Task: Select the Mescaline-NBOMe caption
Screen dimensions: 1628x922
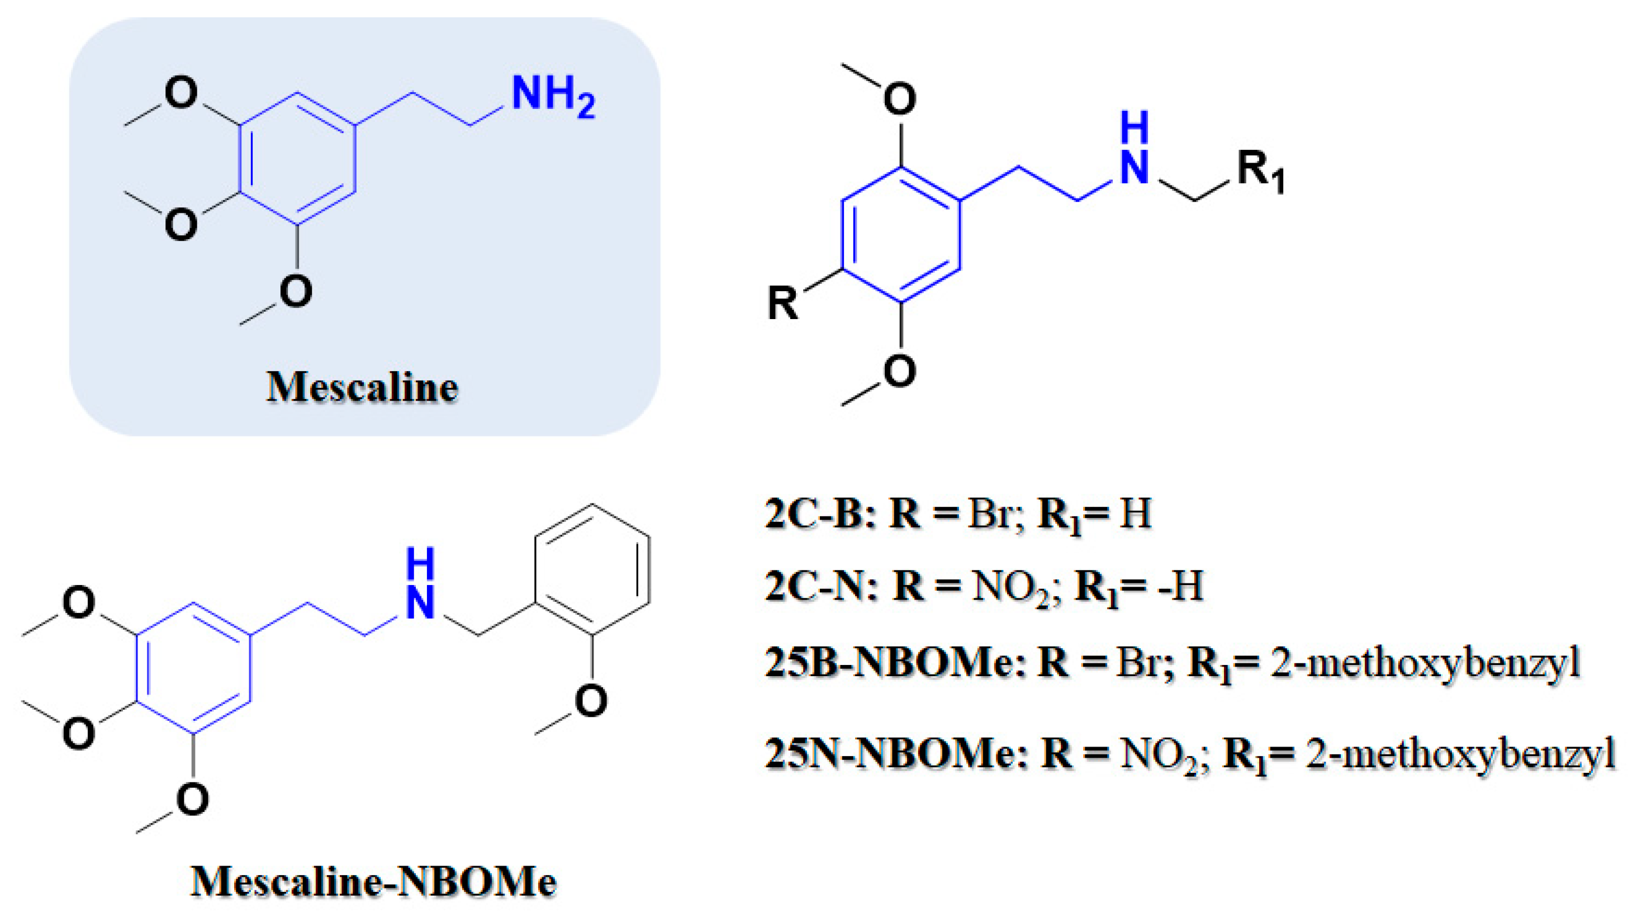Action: (x=373, y=881)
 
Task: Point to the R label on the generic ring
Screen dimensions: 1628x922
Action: (x=782, y=303)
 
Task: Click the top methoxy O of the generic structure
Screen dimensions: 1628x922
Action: (x=899, y=99)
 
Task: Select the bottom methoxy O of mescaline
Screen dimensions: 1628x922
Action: (x=296, y=291)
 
